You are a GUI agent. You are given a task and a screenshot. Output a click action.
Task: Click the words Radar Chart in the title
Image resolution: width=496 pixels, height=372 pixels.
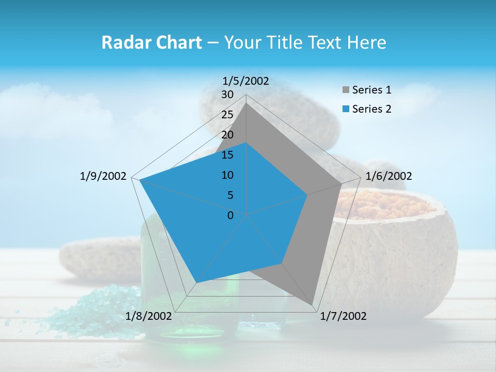click(x=151, y=42)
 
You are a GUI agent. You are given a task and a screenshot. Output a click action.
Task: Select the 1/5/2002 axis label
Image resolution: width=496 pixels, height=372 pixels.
click(x=246, y=81)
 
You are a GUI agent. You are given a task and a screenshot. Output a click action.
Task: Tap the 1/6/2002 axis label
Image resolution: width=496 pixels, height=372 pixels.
click(x=389, y=176)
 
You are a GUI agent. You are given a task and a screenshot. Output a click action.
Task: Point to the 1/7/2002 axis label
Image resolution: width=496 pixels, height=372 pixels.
click(x=343, y=316)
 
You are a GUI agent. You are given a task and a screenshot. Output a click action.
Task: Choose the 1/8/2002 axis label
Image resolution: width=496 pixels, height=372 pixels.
click(x=149, y=316)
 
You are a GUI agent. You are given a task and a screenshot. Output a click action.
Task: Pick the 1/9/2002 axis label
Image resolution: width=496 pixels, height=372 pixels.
click(x=103, y=176)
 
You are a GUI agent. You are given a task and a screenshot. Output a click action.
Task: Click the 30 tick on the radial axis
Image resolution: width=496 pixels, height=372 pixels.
click(x=227, y=95)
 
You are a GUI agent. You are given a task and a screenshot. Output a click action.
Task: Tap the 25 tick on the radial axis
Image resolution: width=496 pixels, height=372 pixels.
click(x=227, y=115)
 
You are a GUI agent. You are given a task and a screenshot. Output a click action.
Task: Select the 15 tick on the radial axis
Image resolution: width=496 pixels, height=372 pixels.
click(x=227, y=155)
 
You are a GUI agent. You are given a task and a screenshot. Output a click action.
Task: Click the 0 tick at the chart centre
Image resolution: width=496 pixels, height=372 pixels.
click(x=230, y=215)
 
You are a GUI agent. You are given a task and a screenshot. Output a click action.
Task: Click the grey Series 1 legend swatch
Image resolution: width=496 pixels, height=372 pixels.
click(x=346, y=90)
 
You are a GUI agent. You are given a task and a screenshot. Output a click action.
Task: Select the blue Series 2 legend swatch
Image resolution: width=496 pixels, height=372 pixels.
click(x=346, y=109)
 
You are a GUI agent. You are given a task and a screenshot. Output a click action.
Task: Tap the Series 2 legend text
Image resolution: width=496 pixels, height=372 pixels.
click(x=371, y=109)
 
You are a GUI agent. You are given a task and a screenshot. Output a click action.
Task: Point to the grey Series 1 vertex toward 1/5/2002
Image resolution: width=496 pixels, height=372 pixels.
click(x=246, y=103)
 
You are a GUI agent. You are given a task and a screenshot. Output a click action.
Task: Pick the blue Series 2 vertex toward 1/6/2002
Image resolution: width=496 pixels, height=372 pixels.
click(x=307, y=195)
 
